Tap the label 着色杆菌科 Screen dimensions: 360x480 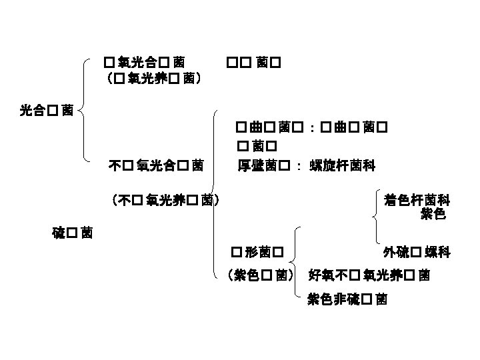pos(417,199)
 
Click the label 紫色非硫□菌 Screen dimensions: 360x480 pos(347,299)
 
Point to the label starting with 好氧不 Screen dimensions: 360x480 pos(369,273)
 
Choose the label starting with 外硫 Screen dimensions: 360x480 pos(417,253)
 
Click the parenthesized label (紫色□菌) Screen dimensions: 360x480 pos(261,273)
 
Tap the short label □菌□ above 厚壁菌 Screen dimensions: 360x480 pos(257,145)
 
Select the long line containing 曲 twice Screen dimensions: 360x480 pos(311,126)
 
